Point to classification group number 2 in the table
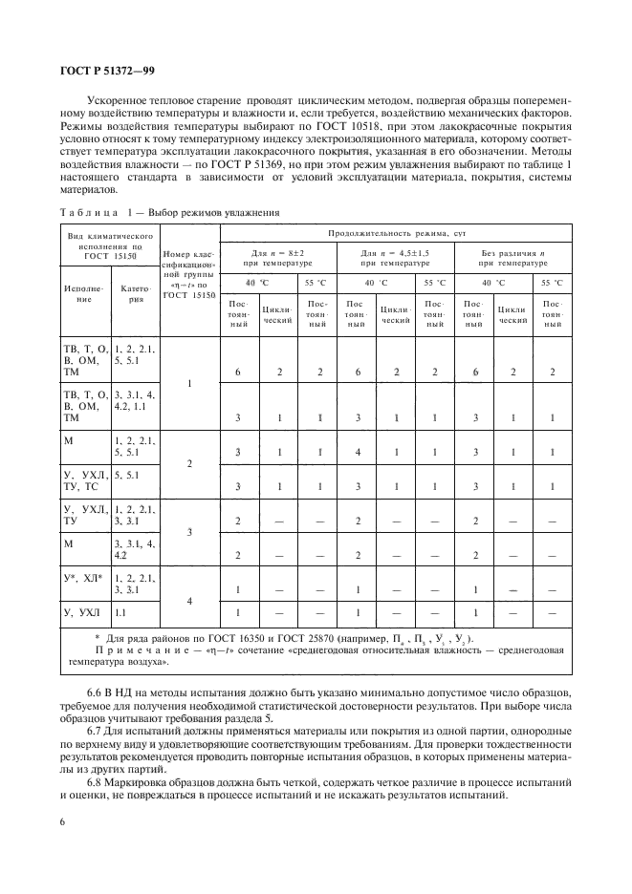[x=189, y=463]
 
